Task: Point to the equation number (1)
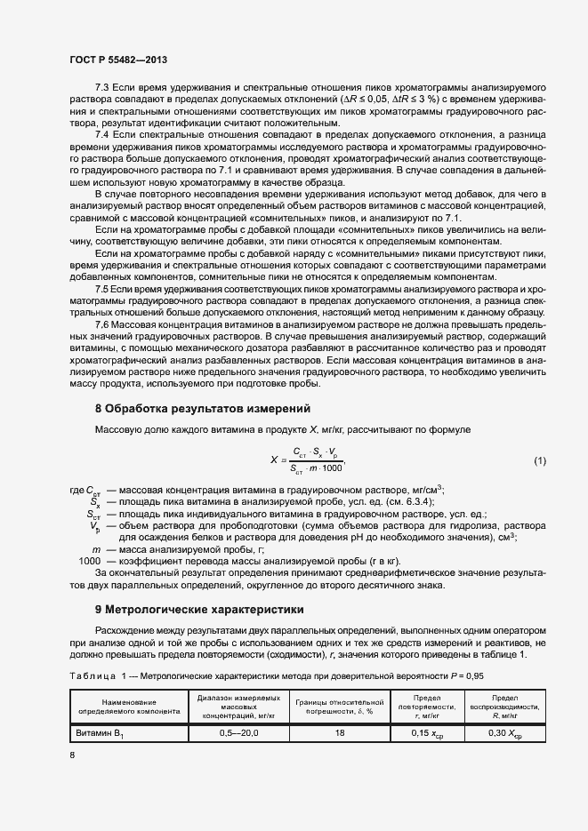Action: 539,460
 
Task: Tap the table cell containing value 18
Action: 339,734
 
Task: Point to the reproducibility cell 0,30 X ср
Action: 504,734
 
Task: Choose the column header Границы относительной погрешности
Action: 339,707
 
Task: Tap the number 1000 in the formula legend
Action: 91,562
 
